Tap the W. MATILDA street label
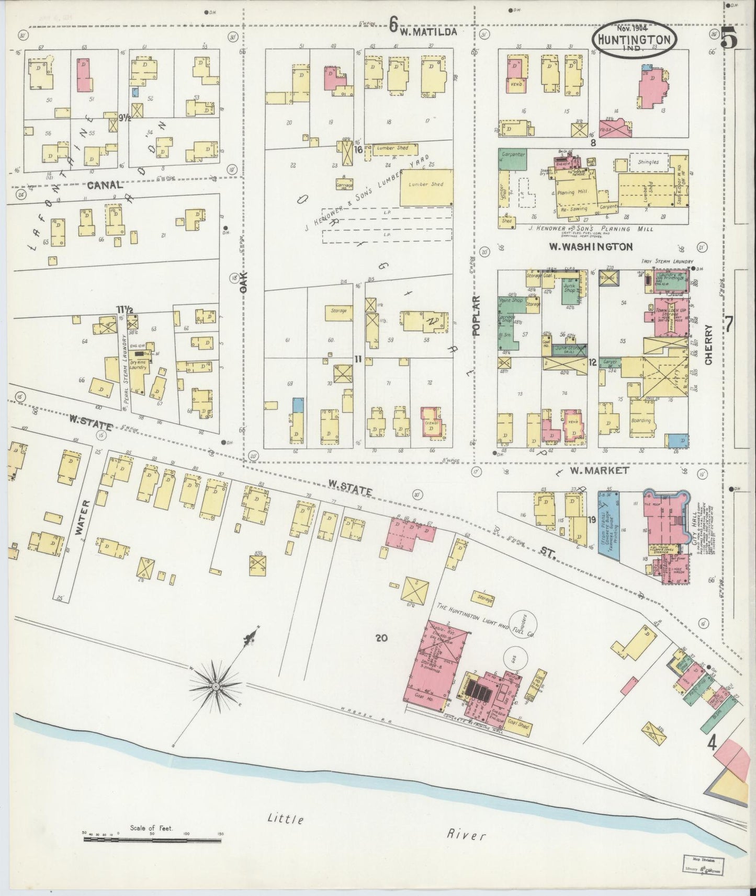click(x=428, y=31)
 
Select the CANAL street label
click(x=104, y=185)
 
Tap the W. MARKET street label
click(x=599, y=470)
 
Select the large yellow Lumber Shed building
click(x=426, y=187)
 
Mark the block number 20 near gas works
click(x=381, y=637)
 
